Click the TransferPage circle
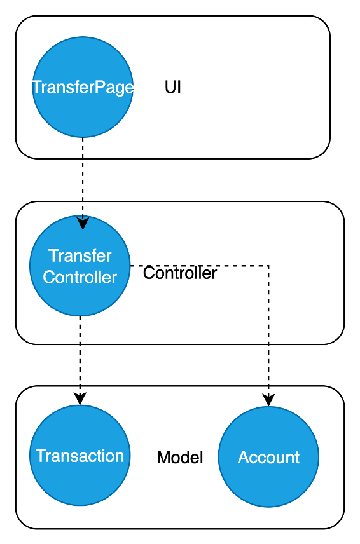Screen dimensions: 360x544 (x=83, y=87)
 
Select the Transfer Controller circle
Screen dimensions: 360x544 (x=80, y=266)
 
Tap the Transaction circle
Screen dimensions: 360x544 (x=80, y=456)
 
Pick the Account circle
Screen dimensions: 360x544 (x=268, y=457)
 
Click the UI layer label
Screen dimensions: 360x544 (x=173, y=87)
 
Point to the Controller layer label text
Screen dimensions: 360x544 (x=180, y=273)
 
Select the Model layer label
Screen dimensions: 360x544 (x=180, y=458)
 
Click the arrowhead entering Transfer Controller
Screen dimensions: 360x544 (x=83, y=223)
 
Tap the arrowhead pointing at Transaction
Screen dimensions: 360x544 (x=80, y=398)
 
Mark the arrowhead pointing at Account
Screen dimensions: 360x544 (x=268, y=400)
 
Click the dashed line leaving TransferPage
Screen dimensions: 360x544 (x=83, y=177)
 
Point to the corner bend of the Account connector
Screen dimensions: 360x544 (x=268, y=266)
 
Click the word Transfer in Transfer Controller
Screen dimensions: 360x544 (x=80, y=256)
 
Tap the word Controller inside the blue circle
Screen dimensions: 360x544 (x=80, y=277)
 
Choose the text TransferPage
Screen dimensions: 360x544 (x=83, y=87)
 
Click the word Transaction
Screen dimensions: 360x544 (x=80, y=456)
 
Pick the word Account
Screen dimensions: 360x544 (x=268, y=458)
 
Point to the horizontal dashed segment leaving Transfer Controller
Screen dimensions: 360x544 (x=199, y=266)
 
